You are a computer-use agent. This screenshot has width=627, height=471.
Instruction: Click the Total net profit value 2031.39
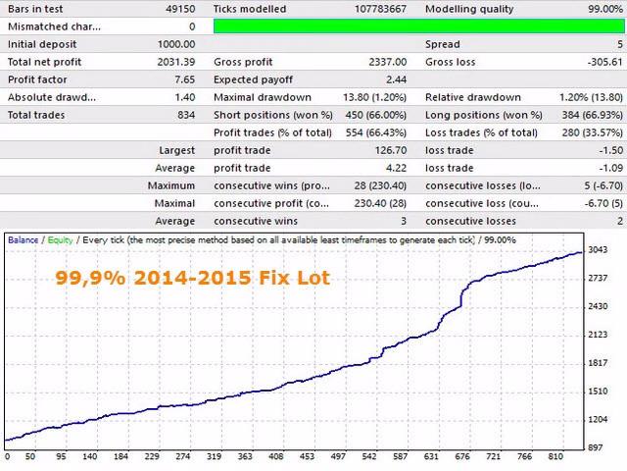coord(176,62)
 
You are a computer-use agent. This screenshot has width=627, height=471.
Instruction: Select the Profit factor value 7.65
coord(185,79)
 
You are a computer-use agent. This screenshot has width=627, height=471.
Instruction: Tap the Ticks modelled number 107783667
coord(381,9)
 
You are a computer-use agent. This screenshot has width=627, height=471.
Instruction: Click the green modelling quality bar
coord(419,26)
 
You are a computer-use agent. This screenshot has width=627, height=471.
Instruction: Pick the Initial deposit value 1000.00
coord(176,44)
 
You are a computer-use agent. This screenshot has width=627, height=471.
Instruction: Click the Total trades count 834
coord(186,115)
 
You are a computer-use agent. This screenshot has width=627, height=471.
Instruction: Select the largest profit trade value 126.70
coord(391,150)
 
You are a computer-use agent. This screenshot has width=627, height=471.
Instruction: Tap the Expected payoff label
coord(253,79)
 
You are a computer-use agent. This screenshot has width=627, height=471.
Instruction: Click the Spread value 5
coord(620,44)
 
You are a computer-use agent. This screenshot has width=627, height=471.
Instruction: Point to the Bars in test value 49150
coord(180,9)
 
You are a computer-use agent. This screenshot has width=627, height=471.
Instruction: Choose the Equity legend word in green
coord(60,240)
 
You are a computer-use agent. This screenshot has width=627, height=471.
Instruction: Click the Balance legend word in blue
coord(23,239)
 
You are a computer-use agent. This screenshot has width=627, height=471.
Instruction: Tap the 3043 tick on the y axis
coord(598,250)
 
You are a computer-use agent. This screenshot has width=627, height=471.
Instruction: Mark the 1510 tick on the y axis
coord(598,392)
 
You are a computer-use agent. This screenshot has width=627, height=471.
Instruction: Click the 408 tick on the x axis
coord(276,456)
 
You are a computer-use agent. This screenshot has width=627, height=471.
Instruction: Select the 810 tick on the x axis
coord(555,456)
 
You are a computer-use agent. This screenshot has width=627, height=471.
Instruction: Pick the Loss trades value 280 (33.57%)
coord(592,132)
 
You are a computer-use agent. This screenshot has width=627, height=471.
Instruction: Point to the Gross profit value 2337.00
coord(388,62)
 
